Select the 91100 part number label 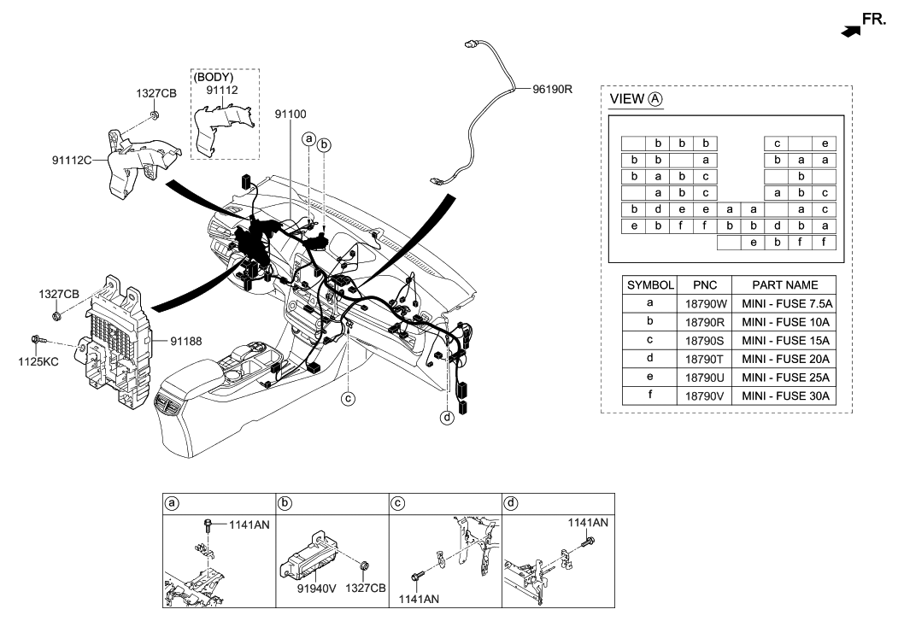(x=291, y=113)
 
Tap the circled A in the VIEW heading (x=655, y=99)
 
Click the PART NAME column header (x=785, y=284)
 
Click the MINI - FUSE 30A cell (x=785, y=396)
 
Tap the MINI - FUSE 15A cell (x=785, y=340)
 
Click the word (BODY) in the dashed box (x=214, y=78)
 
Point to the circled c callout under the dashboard (x=348, y=398)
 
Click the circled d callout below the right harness (x=446, y=418)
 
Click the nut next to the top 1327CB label (x=152, y=116)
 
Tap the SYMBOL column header (x=651, y=284)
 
